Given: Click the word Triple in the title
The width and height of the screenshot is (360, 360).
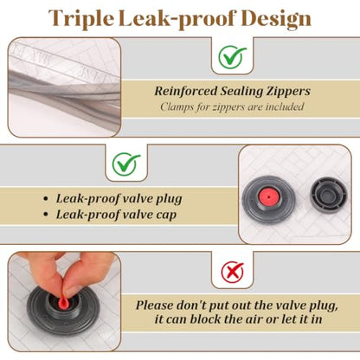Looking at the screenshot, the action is click(81, 18).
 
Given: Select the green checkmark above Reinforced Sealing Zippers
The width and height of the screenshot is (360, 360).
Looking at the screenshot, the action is click(232, 57).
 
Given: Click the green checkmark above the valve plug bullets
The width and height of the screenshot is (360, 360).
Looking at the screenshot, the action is click(126, 164).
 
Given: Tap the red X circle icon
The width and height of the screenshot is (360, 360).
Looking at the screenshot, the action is click(232, 272).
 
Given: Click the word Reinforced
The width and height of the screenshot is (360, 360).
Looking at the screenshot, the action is click(186, 91).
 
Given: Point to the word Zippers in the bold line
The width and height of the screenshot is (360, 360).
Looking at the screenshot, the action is click(288, 92).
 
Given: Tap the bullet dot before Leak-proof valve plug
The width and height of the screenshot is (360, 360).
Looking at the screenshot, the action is click(45, 199).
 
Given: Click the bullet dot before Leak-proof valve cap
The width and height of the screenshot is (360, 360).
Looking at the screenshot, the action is click(45, 215).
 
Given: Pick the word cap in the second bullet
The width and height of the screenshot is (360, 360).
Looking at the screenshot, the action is click(166, 215).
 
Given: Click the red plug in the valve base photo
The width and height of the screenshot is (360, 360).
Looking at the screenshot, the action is click(268, 197).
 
